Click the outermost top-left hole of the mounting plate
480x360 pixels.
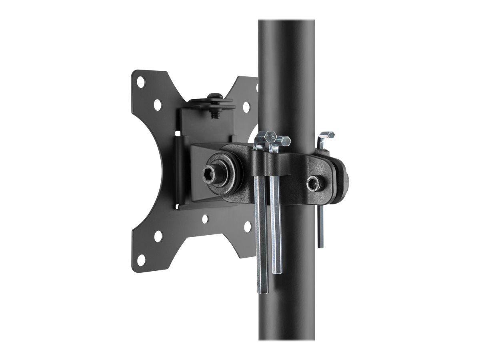(141, 82)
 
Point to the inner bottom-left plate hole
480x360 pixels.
(158, 236)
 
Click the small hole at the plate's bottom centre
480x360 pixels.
(204, 219)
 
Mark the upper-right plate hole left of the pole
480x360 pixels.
(246, 106)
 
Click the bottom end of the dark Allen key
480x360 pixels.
(320, 245)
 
